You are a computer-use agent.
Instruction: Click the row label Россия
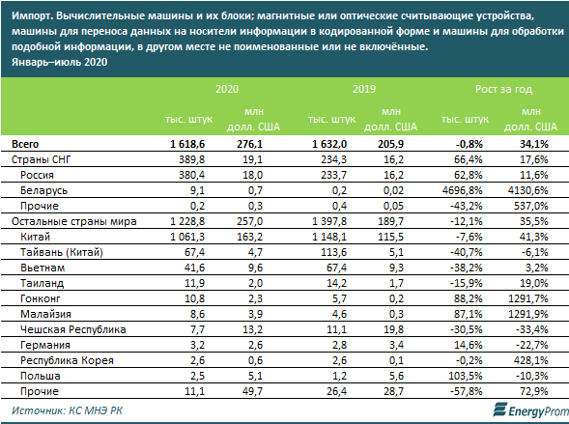click(37, 175)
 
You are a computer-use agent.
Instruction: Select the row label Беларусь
click(43, 190)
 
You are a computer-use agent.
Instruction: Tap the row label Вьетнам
click(43, 268)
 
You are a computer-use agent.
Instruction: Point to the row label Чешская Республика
click(73, 329)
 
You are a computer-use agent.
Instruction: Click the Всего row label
click(25, 144)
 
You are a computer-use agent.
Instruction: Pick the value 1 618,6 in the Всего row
click(187, 144)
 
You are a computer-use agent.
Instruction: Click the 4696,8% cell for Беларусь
click(463, 190)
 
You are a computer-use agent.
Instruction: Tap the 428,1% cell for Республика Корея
click(533, 360)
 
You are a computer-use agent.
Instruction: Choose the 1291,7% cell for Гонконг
click(528, 298)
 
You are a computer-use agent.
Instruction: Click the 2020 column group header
click(227, 89)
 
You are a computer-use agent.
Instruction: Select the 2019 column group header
click(364, 89)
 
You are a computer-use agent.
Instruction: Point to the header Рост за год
click(503, 89)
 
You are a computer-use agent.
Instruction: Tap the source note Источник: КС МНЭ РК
click(67, 410)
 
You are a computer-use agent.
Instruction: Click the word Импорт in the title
click(32, 16)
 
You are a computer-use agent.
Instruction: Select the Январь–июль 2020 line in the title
click(60, 62)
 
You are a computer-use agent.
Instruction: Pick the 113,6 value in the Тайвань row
click(334, 252)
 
